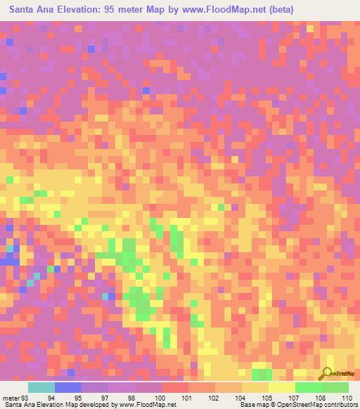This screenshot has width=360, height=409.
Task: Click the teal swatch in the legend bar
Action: coord(41,387)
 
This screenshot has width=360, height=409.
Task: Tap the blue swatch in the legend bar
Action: coord(68,387)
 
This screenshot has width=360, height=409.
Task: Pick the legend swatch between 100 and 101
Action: coord(175,387)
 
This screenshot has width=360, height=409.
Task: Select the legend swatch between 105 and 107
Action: coord(282,387)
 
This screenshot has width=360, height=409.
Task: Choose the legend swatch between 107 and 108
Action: coord(309,387)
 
